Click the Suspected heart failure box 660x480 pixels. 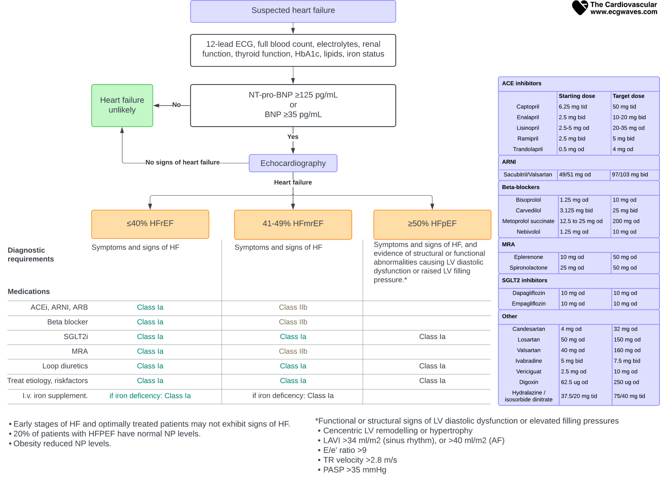[293, 11]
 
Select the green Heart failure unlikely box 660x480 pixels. [122, 105]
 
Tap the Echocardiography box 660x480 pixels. [293, 163]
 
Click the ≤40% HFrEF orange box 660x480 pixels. [150, 224]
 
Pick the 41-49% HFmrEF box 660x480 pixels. [293, 224]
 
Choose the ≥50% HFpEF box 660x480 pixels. [432, 224]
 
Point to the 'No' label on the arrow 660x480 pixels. [176, 105]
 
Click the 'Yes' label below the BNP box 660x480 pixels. [293, 137]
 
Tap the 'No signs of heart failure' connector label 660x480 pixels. [182, 162]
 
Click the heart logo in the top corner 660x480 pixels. [580, 8]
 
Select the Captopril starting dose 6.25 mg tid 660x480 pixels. [573, 107]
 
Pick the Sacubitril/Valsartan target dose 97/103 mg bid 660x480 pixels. [630, 175]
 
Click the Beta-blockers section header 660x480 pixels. [520, 187]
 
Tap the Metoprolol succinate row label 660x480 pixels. [528, 221]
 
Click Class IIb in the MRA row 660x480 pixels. [293, 351]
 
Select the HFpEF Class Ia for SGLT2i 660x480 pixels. [432, 336]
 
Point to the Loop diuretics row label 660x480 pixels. [65, 366]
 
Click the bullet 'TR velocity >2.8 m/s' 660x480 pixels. [360, 460]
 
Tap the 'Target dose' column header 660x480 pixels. [628, 96]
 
